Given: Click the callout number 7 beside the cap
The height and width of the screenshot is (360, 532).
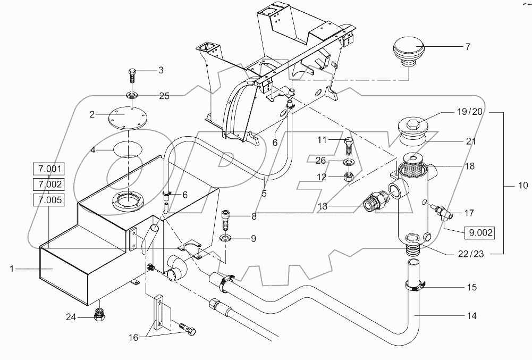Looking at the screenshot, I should [467, 47].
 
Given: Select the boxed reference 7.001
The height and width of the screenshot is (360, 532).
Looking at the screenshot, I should [49, 170].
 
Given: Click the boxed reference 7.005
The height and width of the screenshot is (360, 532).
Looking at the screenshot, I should [49, 200].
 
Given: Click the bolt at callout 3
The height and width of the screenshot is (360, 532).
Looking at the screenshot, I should [132, 77].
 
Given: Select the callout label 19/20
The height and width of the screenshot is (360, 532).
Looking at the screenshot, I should [469, 112].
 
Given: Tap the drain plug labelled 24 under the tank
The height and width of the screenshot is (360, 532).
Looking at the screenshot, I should [99, 316].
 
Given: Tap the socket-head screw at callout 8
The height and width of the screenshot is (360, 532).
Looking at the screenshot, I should [225, 218].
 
